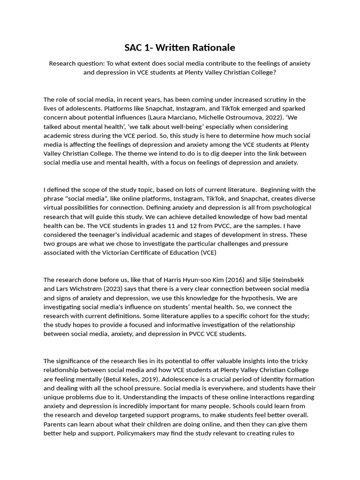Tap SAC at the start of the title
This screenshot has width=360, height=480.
click(x=134, y=48)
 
